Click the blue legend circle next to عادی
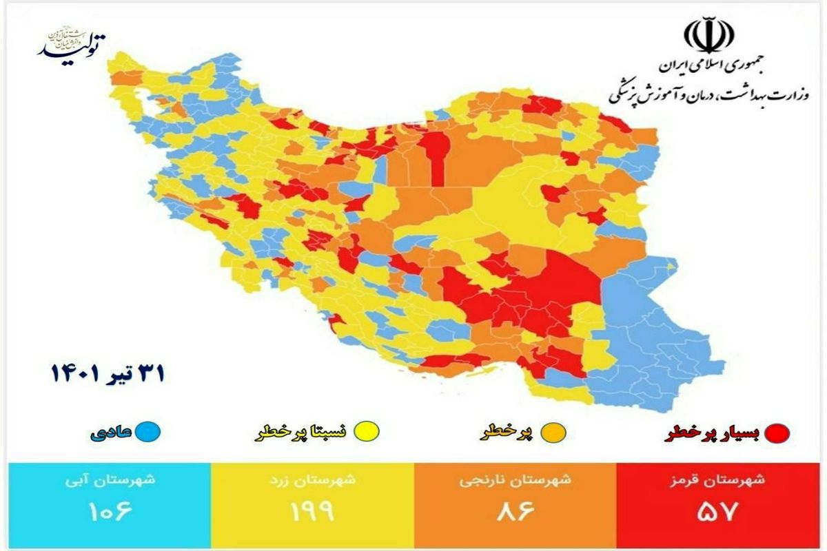pos(147,433)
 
